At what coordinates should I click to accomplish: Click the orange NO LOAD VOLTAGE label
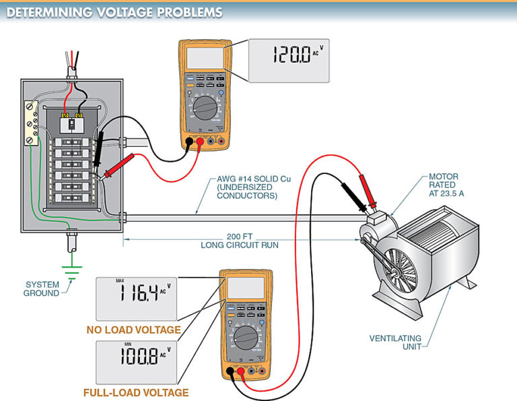[x=133, y=330]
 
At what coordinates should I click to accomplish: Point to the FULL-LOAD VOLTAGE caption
[x=135, y=392]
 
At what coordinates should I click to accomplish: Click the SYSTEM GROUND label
[x=42, y=288]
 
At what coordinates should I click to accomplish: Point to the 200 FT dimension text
[x=241, y=236]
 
